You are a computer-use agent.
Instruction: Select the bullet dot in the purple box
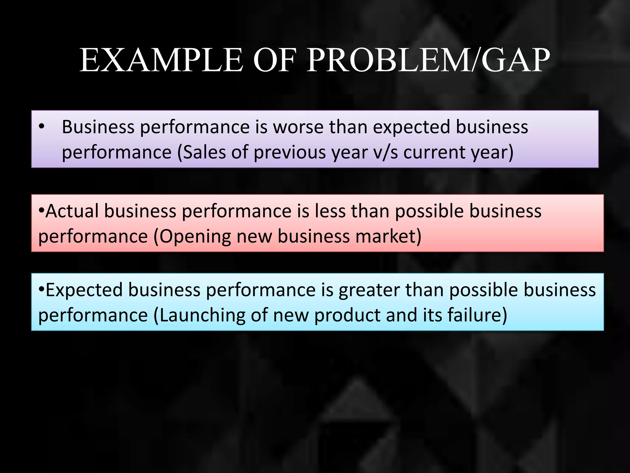pyautogui.click(x=42, y=127)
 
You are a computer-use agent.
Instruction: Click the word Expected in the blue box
pyautogui.click(x=84, y=290)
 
